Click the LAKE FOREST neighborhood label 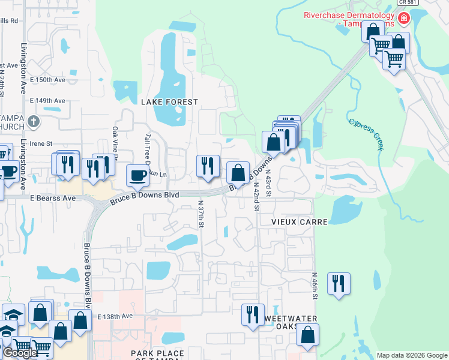coord(169,102)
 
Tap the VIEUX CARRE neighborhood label coord(300,222)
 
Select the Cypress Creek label coord(366,134)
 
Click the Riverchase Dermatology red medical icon coord(404,17)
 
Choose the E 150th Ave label coord(50,80)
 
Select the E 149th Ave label coord(50,101)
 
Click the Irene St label coord(42,144)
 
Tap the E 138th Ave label coord(115,316)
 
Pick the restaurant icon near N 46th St coord(339,284)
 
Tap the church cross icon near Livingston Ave coord(33,122)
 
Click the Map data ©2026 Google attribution coord(411,355)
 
